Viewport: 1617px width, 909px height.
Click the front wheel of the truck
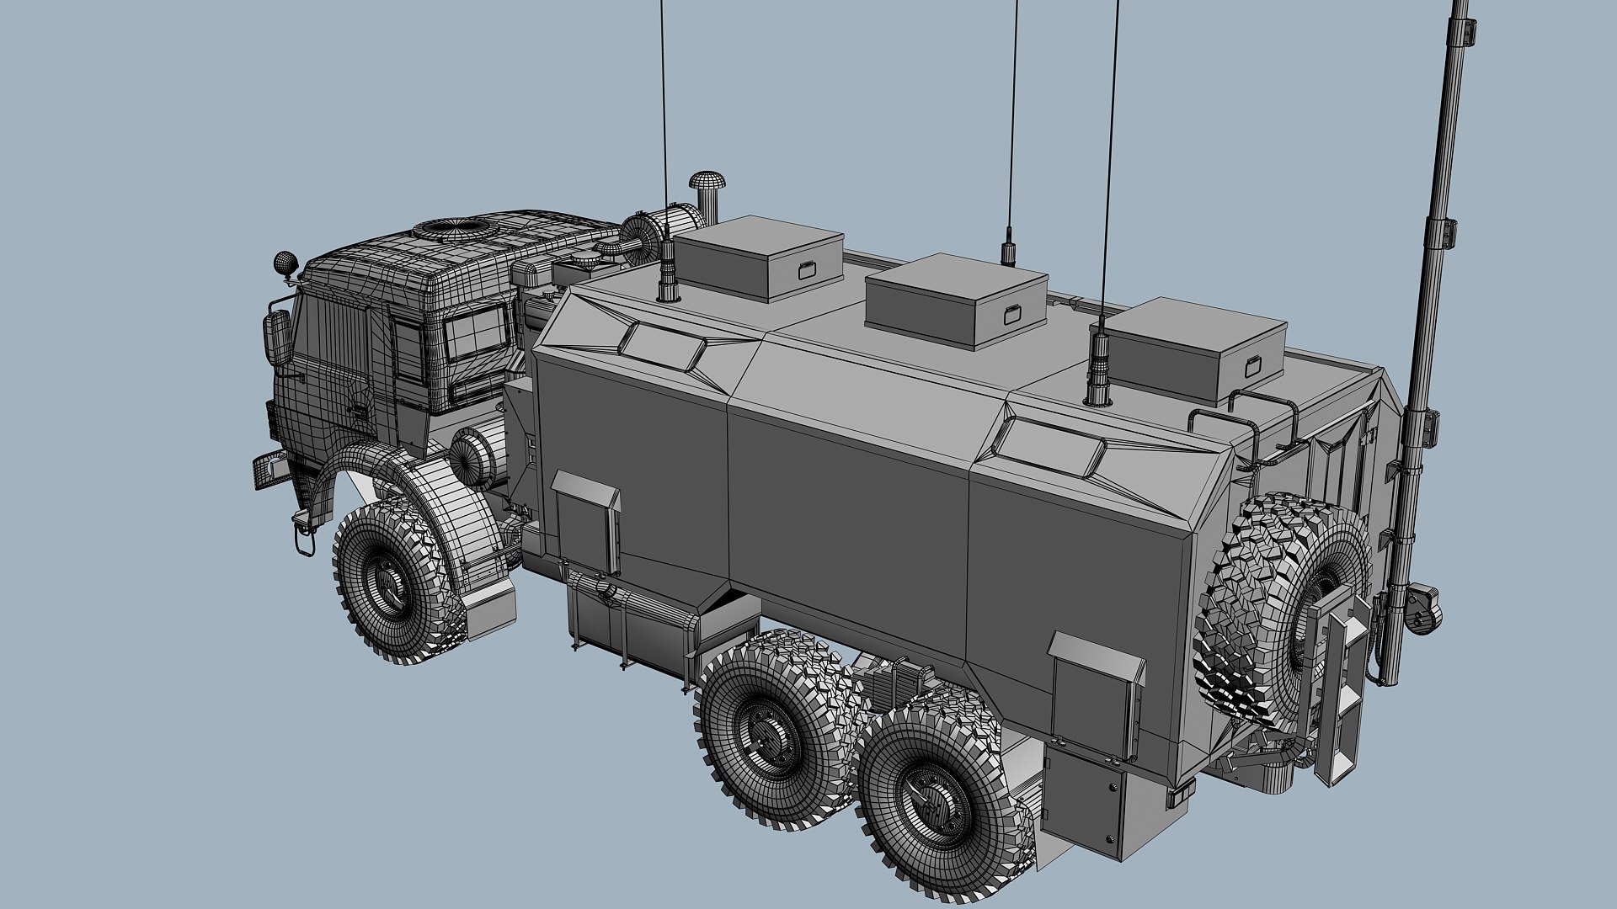(x=392, y=581)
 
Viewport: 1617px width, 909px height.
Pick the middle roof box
(x=956, y=299)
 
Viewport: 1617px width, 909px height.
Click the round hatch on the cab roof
(x=455, y=226)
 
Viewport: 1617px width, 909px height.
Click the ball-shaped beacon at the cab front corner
(x=286, y=262)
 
